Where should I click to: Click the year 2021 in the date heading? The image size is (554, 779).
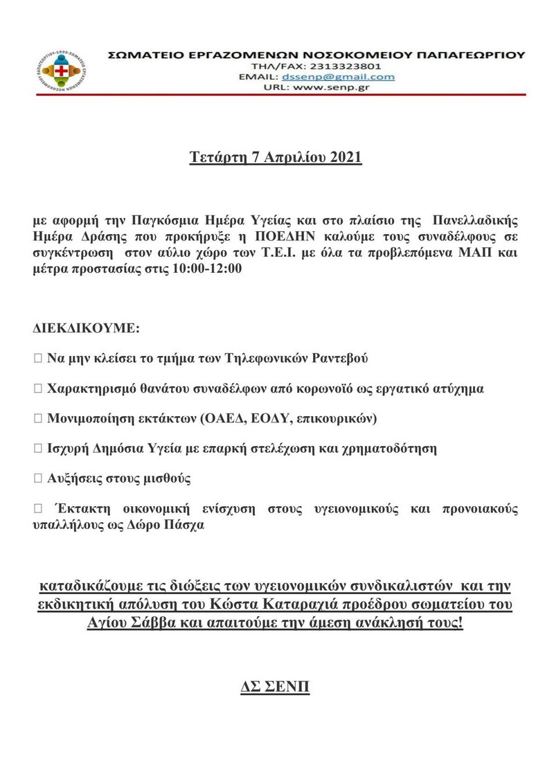click(346, 157)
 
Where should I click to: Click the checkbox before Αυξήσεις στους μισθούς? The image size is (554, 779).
click(37, 478)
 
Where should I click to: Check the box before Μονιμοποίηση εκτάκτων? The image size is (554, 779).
click(37, 418)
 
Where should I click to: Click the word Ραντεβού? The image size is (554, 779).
click(339, 359)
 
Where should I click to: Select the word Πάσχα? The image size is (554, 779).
click(186, 524)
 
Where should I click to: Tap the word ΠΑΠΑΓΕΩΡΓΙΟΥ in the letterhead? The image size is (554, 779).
click(470, 53)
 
